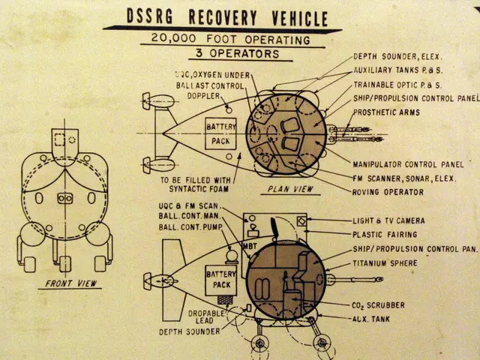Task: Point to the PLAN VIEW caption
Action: click(x=290, y=190)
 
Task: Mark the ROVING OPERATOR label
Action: click(x=388, y=192)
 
